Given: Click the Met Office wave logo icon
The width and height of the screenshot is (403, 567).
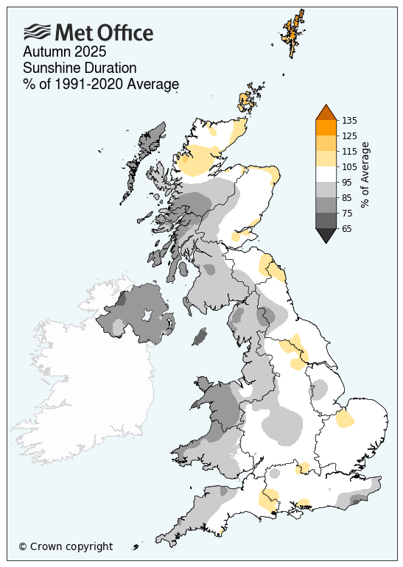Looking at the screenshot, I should click(38, 32).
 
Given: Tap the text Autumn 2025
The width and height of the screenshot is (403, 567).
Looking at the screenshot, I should click(65, 52).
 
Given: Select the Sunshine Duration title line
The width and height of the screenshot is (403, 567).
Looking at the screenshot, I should click(80, 68).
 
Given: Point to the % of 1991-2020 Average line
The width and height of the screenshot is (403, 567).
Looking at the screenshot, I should click(101, 85).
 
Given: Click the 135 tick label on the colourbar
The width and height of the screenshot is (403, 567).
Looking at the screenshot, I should click(350, 120).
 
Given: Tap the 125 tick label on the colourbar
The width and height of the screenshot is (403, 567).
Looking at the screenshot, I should click(350, 135).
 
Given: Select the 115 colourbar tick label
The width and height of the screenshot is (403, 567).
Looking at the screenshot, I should click(350, 151).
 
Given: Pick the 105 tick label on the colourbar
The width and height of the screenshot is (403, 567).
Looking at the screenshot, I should click(350, 166).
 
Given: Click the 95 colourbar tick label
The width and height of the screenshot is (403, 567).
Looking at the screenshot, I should click(348, 182).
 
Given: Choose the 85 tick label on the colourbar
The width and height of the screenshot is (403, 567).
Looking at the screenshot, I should click(348, 197).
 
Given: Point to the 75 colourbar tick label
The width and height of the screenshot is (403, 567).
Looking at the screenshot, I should click(348, 213).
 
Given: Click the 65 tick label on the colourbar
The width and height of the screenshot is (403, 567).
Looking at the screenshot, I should click(348, 228).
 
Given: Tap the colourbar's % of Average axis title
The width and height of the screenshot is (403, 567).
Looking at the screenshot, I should click(365, 175).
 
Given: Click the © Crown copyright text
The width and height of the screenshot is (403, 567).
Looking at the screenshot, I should click(66, 546).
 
